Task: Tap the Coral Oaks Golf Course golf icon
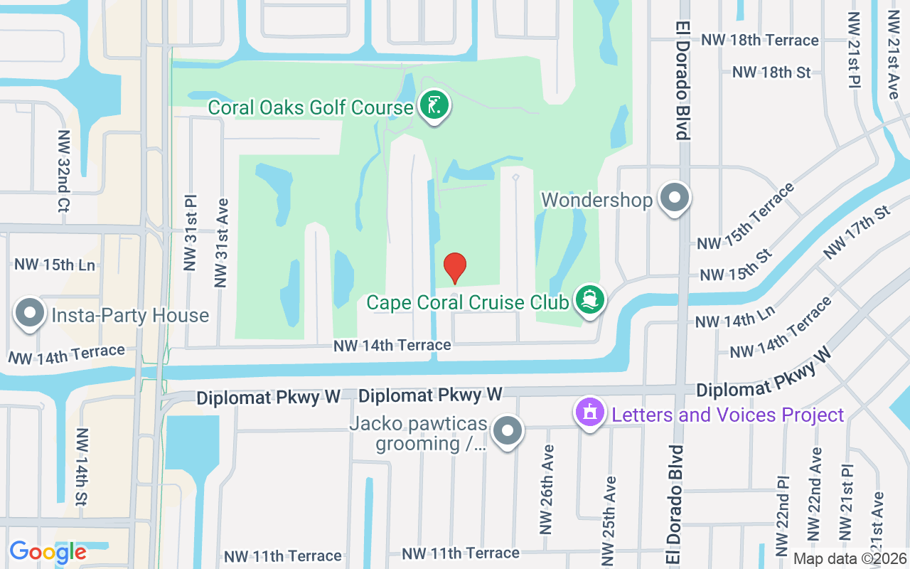pyautogui.click(x=434, y=107)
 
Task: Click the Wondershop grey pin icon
pyautogui.click(x=675, y=198)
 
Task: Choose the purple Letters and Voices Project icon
pyautogui.click(x=589, y=413)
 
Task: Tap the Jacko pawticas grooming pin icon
pyautogui.click(x=508, y=431)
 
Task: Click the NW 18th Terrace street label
pyautogui.click(x=760, y=40)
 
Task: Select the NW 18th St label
pyautogui.click(x=771, y=72)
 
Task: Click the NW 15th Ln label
pyautogui.click(x=55, y=265)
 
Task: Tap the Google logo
pyautogui.click(x=48, y=552)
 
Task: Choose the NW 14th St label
pyautogui.click(x=82, y=466)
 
